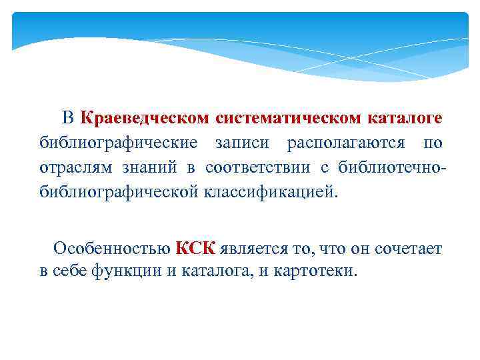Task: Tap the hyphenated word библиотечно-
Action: (x=391, y=167)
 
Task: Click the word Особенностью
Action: (x=112, y=249)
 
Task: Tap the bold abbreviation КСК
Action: (x=195, y=249)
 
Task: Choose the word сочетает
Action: (x=407, y=249)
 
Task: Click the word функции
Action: (x=121, y=271)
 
